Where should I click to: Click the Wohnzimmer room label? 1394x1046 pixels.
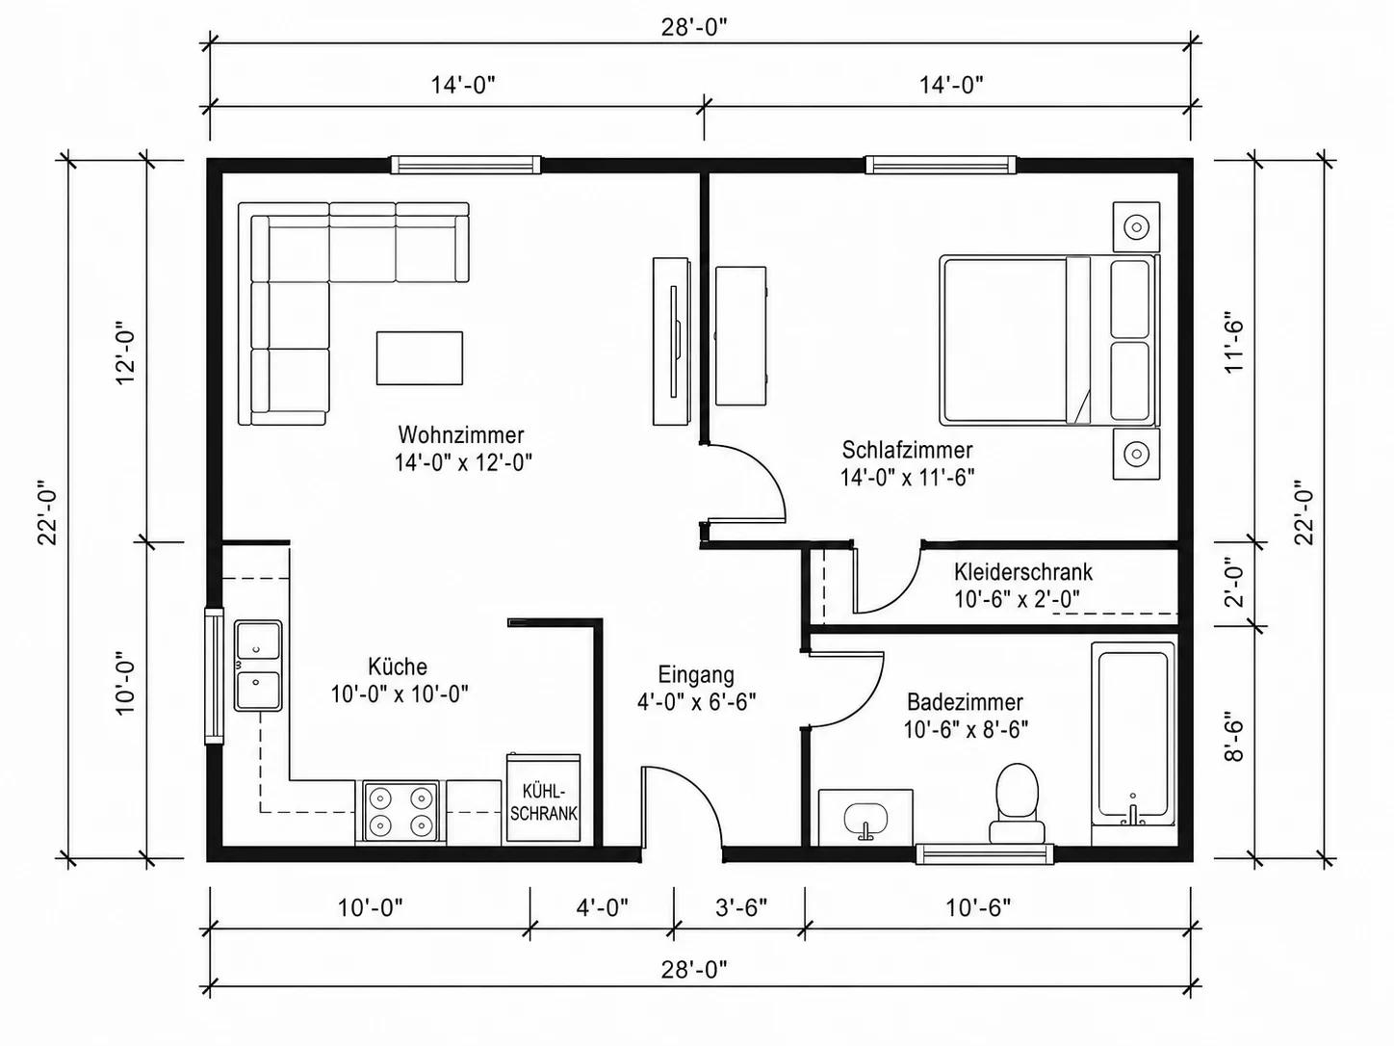click(461, 435)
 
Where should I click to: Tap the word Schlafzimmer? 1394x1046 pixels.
click(907, 450)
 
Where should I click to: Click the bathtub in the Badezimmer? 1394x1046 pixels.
click(1133, 734)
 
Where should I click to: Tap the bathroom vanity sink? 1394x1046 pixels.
click(865, 818)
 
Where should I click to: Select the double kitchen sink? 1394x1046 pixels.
click(258, 665)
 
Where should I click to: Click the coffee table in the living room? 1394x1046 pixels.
click(419, 357)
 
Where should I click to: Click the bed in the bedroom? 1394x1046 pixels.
click(1048, 340)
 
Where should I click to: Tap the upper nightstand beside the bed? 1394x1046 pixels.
click(1136, 226)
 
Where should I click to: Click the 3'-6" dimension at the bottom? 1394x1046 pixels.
click(741, 907)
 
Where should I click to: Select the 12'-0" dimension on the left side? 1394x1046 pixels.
click(126, 356)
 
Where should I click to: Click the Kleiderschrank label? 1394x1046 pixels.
click(1023, 571)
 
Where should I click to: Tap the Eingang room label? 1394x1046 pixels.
click(696, 674)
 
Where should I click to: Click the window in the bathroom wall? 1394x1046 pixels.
click(985, 854)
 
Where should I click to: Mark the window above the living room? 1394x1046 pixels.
click(466, 165)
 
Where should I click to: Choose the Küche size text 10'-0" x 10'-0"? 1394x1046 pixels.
click(400, 694)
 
